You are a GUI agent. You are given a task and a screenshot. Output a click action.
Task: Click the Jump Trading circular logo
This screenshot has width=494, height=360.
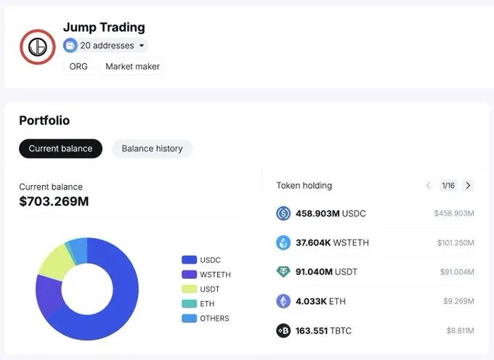(x=37, y=46)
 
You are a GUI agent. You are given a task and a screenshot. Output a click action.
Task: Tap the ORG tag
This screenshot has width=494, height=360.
(x=78, y=67)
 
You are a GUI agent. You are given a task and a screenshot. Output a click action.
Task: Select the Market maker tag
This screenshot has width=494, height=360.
(x=133, y=67)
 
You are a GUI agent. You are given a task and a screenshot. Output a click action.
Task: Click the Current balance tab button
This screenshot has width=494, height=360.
(x=60, y=149)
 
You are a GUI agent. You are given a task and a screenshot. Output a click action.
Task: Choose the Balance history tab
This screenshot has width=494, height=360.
(x=152, y=149)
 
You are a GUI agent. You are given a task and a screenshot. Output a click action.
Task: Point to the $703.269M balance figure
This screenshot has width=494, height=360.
(x=54, y=201)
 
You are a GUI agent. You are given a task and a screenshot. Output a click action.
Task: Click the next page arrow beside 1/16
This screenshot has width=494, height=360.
(x=468, y=186)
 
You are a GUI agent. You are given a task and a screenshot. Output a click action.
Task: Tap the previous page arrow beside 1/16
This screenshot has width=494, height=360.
(x=429, y=186)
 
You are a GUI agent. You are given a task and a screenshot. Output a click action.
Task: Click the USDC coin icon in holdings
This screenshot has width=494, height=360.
(x=283, y=213)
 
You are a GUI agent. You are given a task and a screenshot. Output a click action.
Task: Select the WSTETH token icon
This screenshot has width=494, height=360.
(x=283, y=242)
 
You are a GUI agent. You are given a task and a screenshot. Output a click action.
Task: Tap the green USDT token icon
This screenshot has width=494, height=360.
(x=283, y=272)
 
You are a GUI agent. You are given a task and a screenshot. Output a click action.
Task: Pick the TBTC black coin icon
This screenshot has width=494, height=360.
(x=283, y=331)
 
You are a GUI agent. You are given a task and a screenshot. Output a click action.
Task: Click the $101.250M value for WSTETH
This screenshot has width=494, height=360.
(x=455, y=243)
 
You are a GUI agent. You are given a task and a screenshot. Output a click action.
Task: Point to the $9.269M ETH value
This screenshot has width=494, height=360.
(x=460, y=301)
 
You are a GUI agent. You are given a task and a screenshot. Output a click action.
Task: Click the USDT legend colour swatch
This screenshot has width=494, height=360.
(x=189, y=289)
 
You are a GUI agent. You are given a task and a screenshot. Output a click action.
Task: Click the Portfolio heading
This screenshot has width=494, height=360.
(x=44, y=120)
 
